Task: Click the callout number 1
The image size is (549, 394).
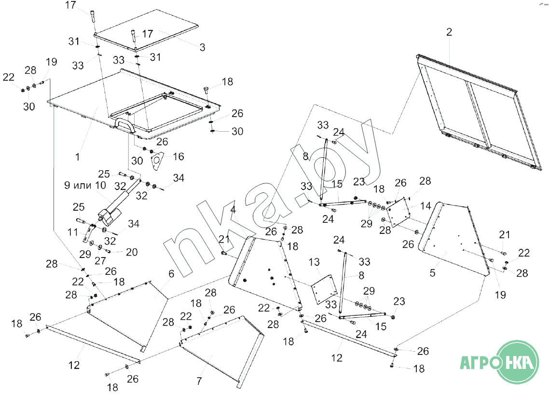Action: pyautogui.click(x=78, y=157)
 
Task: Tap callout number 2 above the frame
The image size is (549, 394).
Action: pyautogui.click(x=449, y=32)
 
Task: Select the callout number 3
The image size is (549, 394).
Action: pyautogui.click(x=202, y=47)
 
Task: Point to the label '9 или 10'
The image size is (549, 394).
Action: pyautogui.click(x=84, y=185)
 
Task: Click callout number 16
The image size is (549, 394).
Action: pyautogui.click(x=178, y=156)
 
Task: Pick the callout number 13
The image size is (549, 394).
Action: pyautogui.click(x=314, y=262)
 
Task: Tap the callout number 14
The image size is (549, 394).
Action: pyautogui.click(x=425, y=206)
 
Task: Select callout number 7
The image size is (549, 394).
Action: pyautogui.click(x=199, y=381)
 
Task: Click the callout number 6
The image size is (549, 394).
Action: pyautogui.click(x=171, y=273)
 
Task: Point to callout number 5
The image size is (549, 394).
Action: pyautogui.click(x=432, y=273)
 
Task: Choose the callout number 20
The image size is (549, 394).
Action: pyautogui.click(x=132, y=252)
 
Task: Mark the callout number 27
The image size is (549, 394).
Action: pyautogui.click(x=99, y=261)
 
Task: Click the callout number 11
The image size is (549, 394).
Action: pyautogui.click(x=73, y=232)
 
